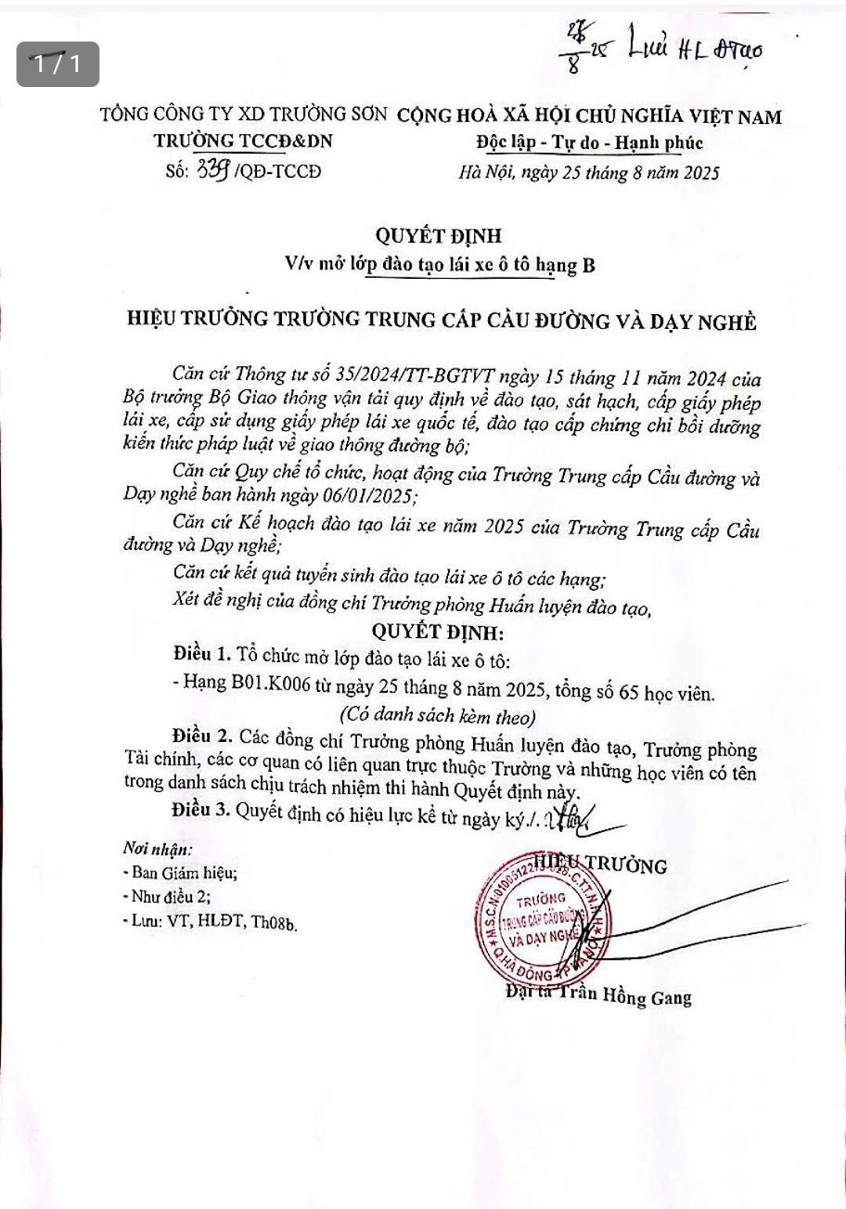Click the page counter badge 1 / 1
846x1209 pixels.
[x=58, y=63]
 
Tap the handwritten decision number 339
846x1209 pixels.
[x=213, y=168]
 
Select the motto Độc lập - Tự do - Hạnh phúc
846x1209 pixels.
[x=589, y=143]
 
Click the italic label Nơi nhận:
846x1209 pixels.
[x=157, y=849]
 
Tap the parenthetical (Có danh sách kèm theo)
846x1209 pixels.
[x=437, y=715]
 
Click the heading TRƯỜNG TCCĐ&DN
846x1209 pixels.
[x=243, y=140]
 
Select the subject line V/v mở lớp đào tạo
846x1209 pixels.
[x=439, y=265]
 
